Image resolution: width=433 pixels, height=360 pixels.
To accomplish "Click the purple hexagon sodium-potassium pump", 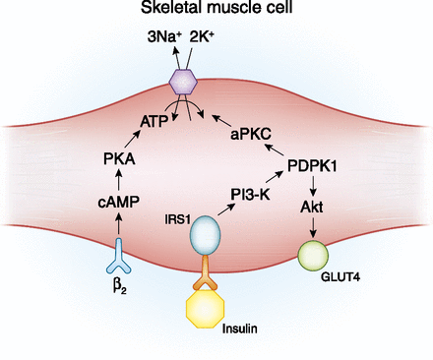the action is [x=183, y=82].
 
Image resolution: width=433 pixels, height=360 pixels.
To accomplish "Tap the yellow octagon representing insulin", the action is [x=206, y=308].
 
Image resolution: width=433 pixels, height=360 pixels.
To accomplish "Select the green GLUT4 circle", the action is [x=313, y=256].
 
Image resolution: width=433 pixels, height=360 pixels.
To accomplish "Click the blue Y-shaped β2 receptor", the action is [x=119, y=257].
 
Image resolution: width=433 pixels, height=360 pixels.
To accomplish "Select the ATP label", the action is [x=155, y=122].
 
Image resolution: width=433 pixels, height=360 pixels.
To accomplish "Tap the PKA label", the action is [x=119, y=159].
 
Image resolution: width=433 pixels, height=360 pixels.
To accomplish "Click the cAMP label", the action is [x=118, y=202].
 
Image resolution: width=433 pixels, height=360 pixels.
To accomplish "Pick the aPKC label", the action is [x=251, y=134].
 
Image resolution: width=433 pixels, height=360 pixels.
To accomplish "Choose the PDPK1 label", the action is [x=312, y=166].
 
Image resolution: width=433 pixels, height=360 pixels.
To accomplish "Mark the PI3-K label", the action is [x=250, y=195].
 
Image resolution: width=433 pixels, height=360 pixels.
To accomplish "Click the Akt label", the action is [x=312, y=208].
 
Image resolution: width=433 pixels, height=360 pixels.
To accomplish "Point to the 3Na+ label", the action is [x=164, y=37].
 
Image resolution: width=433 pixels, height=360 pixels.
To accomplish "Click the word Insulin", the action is [x=240, y=329].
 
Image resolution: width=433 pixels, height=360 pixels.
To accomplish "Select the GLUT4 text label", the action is [x=340, y=277].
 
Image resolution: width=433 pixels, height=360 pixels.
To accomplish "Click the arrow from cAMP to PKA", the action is [x=119, y=180].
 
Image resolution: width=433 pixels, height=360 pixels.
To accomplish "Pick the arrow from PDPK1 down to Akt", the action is [x=313, y=186].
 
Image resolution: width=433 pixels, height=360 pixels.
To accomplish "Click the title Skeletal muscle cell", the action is [x=216, y=8].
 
